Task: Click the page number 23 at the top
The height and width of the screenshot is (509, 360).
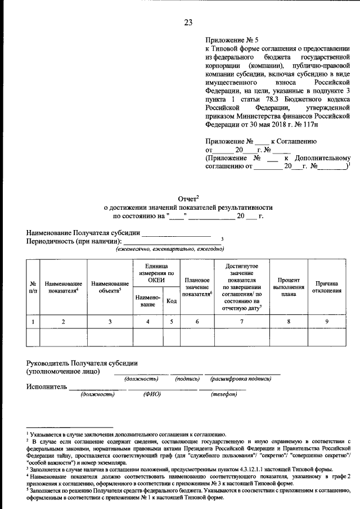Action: (x=188, y=22)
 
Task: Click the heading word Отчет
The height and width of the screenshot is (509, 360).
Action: (x=188, y=199)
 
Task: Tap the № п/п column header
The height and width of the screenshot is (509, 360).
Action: (x=33, y=287)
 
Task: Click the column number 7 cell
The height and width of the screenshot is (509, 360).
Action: (x=241, y=321)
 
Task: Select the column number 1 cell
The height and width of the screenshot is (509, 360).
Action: (x=33, y=321)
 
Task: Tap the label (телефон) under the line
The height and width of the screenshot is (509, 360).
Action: (x=223, y=394)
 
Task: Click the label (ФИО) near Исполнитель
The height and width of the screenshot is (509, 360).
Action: (x=152, y=394)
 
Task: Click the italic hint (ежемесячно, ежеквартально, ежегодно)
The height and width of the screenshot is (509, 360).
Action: (x=166, y=248)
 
